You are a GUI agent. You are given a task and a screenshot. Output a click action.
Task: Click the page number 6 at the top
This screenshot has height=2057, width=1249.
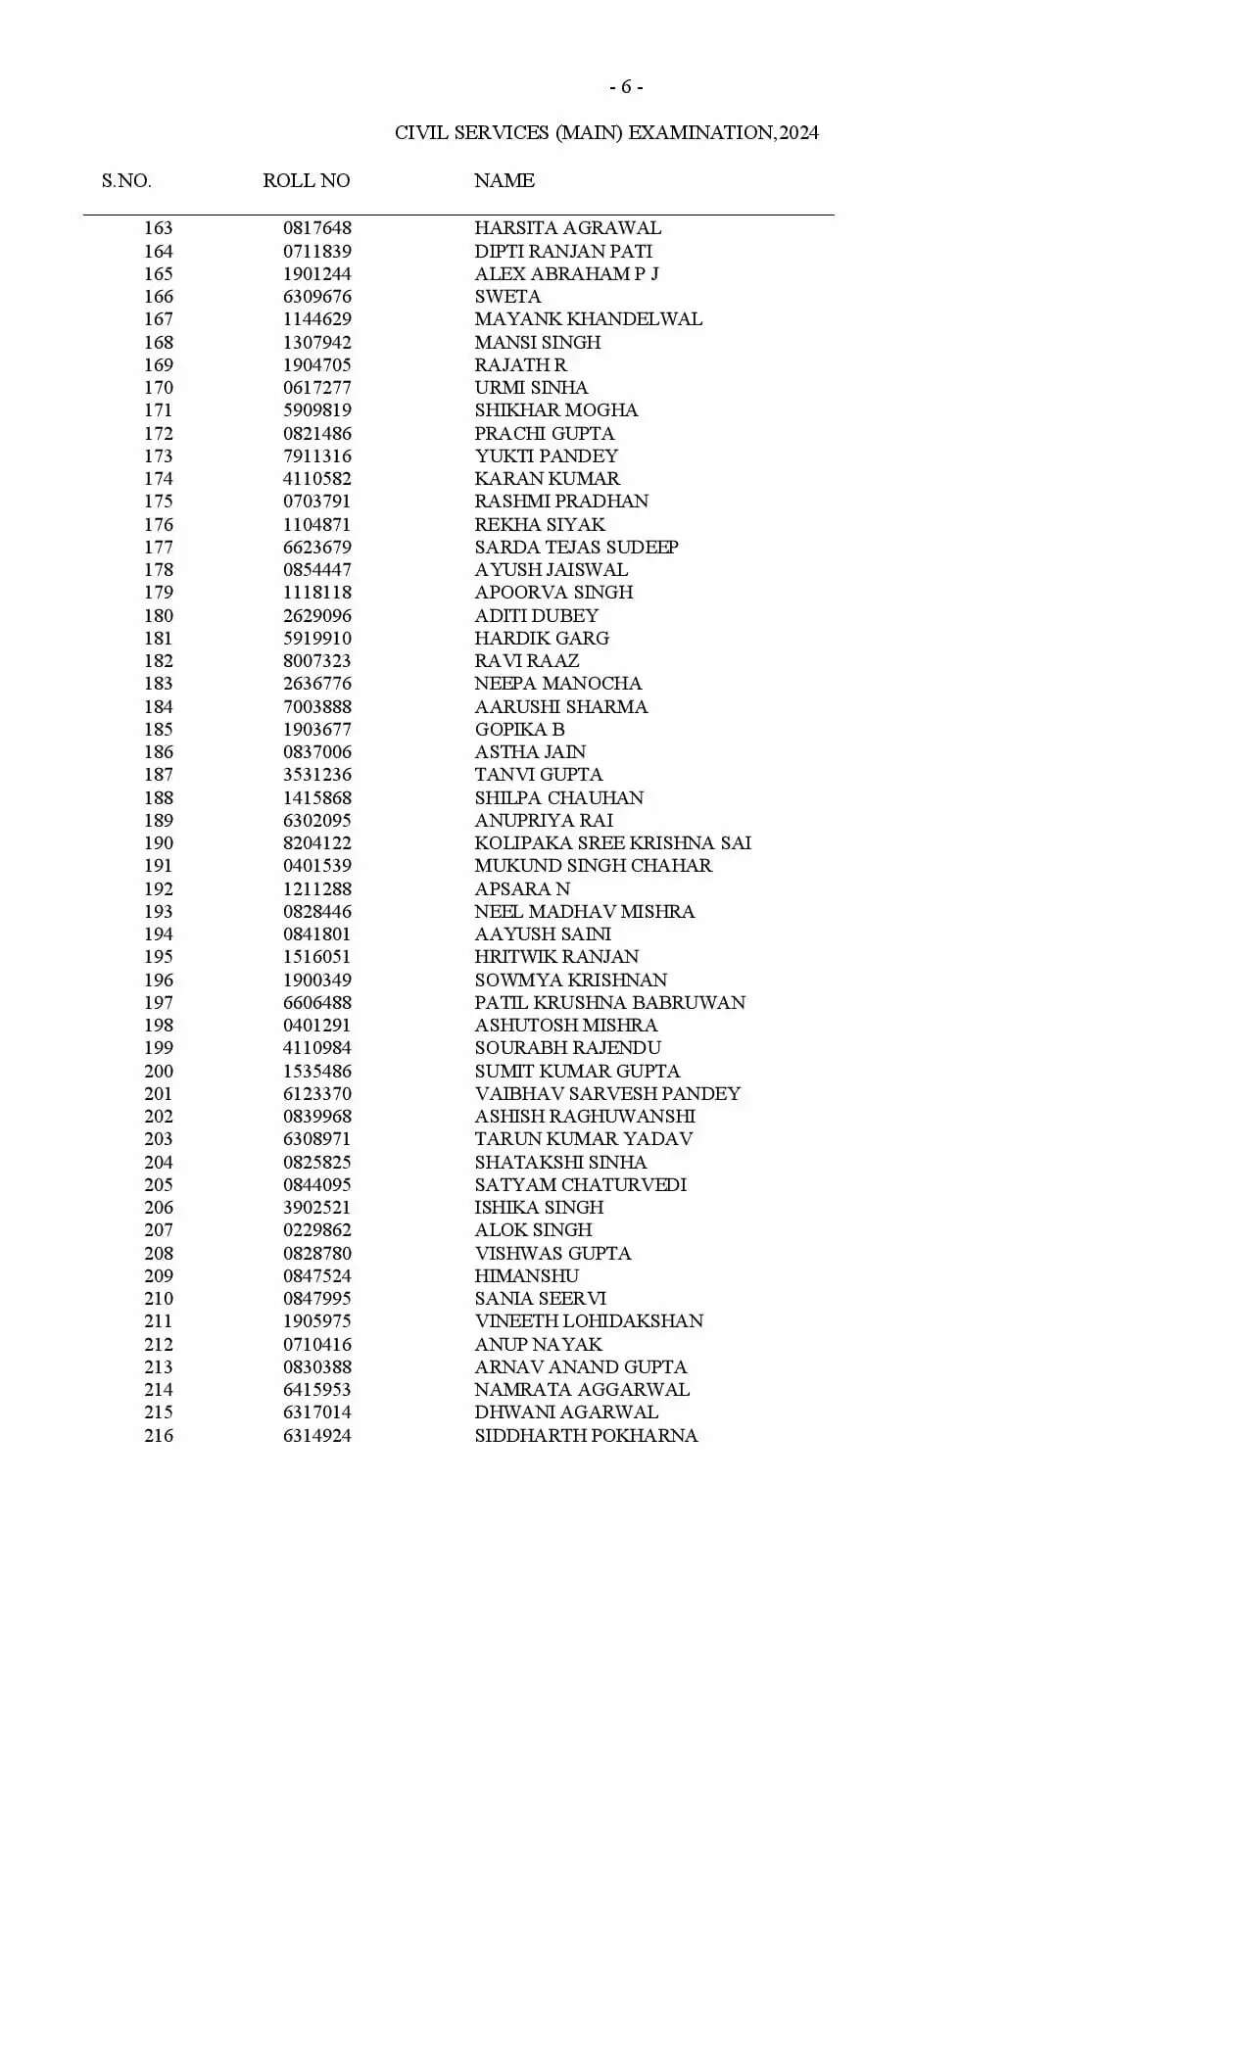pyautogui.click(x=626, y=87)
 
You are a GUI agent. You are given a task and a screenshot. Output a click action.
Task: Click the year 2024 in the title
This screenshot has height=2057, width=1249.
pyautogui.click(x=798, y=133)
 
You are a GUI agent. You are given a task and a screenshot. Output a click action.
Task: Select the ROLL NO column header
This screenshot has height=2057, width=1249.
pyautogui.click(x=306, y=181)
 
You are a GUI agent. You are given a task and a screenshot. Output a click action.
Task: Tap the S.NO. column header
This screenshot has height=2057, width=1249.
pyautogui.click(x=126, y=181)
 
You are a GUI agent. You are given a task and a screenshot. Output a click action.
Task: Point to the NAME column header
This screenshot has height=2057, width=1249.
pyautogui.click(x=504, y=181)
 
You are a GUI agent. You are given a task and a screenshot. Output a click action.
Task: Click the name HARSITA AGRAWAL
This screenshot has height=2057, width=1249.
pyautogui.click(x=567, y=228)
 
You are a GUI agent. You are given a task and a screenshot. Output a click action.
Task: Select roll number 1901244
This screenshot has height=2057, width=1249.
pyautogui.click(x=317, y=274)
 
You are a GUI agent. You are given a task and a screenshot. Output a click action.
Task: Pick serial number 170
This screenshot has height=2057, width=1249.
pyautogui.click(x=159, y=388)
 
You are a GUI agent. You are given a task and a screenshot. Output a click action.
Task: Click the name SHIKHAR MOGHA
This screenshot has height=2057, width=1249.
pyautogui.click(x=555, y=410)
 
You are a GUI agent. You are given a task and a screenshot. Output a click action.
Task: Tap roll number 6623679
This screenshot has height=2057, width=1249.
pyautogui.click(x=317, y=548)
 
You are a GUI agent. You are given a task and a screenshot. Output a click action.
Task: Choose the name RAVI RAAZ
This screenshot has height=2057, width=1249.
pyautogui.click(x=526, y=661)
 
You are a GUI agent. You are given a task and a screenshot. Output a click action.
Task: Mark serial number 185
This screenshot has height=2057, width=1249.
pyautogui.click(x=159, y=730)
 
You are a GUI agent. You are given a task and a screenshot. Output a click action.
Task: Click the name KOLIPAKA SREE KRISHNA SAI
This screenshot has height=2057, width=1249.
pyautogui.click(x=612, y=843)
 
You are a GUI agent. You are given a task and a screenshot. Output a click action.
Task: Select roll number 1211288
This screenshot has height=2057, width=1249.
pyautogui.click(x=317, y=889)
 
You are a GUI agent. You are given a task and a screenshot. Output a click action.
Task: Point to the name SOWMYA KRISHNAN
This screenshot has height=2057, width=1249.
pyautogui.click(x=570, y=981)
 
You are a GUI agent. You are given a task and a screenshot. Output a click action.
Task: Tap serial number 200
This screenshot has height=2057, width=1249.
pyautogui.click(x=159, y=1072)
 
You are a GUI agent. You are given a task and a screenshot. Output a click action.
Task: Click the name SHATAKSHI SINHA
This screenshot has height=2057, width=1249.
pyautogui.click(x=560, y=1163)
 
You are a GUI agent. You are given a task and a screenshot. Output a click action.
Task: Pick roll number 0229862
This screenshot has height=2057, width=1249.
pyautogui.click(x=317, y=1230)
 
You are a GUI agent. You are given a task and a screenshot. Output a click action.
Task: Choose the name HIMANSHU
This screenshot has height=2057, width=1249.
pyautogui.click(x=526, y=1276)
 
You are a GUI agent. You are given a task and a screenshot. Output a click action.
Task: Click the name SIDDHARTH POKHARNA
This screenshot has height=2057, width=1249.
pyautogui.click(x=586, y=1436)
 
